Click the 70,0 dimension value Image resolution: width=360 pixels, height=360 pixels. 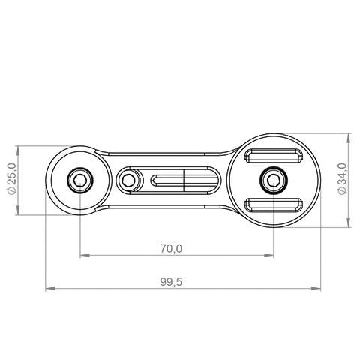(172, 247)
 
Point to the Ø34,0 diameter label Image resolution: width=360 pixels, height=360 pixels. (342, 180)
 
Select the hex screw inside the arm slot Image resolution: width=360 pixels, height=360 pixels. (129, 180)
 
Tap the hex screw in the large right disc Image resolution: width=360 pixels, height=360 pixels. (274, 180)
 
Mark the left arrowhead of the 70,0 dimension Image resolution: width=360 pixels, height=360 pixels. (83, 256)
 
